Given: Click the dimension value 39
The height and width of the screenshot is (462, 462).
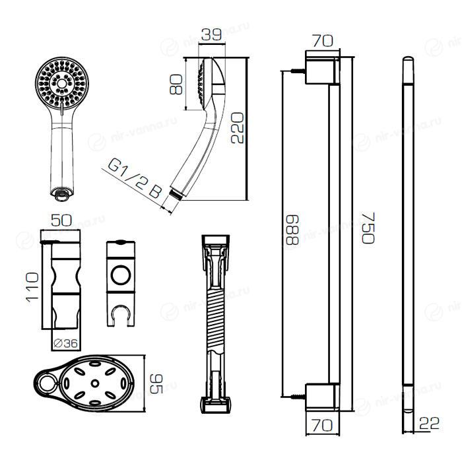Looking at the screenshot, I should pos(211,35).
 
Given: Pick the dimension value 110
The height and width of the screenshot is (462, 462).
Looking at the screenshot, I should pos(29,286).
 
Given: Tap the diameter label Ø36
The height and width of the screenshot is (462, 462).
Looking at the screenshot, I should pos(65,343).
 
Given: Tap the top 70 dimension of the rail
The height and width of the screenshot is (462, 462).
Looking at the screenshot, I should pos(322,40).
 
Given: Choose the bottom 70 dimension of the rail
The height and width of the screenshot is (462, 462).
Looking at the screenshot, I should pos(322,426).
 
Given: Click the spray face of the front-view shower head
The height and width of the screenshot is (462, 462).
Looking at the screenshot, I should pos(59,83).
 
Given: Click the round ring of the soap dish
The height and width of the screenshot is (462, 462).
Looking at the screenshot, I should pos(46,382).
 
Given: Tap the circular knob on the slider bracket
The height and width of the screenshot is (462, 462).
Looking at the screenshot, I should pos(121,274).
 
